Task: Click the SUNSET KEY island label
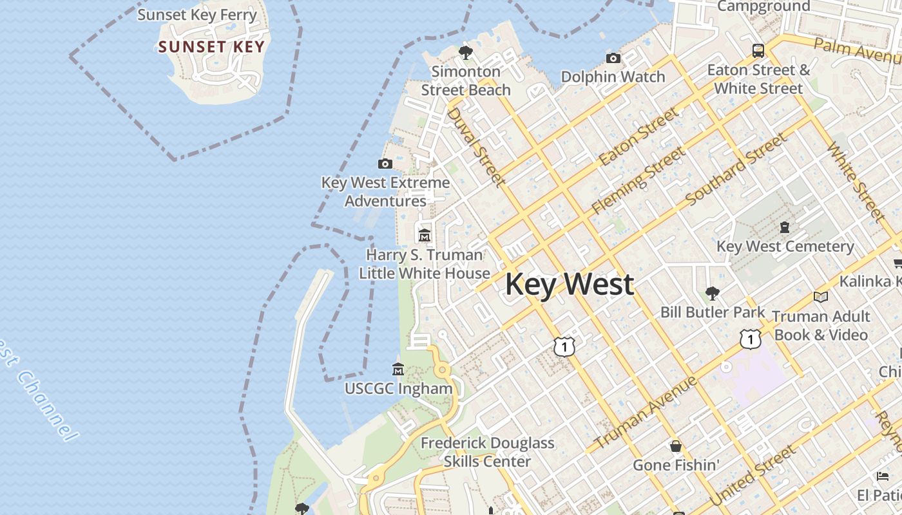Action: coord(211,47)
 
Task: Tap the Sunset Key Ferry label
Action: coord(197,15)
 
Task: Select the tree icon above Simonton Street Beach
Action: coord(465,52)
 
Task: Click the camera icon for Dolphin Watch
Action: coord(613,59)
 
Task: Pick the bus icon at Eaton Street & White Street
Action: coord(758,50)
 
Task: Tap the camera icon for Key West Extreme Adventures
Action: coord(385,164)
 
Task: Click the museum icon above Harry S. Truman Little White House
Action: coord(424,236)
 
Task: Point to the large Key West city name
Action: coord(570,285)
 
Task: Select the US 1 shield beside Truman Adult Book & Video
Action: coord(750,339)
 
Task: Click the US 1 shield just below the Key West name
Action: coord(564,346)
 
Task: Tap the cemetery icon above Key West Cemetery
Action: coord(785,227)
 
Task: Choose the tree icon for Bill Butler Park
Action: coord(712,294)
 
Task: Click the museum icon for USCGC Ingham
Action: coord(398,370)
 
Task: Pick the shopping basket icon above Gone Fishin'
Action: coord(676,446)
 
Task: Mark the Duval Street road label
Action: coord(475,147)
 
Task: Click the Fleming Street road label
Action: coord(638,180)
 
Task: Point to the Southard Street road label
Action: coord(736,170)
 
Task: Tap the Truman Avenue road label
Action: coord(645,413)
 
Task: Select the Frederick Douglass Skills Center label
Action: coord(487,452)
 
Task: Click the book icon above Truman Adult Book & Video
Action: coord(820,297)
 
